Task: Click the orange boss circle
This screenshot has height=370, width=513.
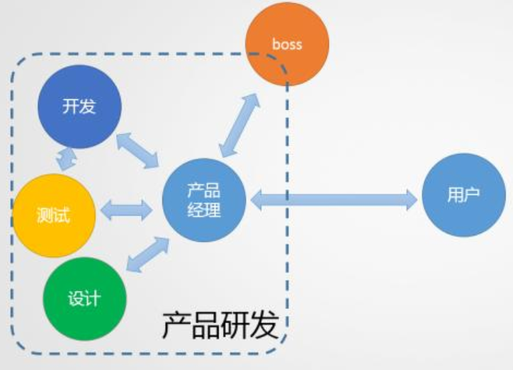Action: pyautogui.click(x=287, y=44)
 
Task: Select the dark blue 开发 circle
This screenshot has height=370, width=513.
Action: pyautogui.click(x=79, y=107)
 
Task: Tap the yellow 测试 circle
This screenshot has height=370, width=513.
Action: pyautogui.click(x=54, y=215)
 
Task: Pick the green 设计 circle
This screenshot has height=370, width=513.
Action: pyautogui.click(x=84, y=298)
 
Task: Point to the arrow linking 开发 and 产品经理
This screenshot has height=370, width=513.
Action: pyautogui.click(x=137, y=150)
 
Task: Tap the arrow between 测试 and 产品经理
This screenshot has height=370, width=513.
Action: pyautogui.click(x=127, y=210)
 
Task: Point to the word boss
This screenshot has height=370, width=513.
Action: pyautogui.click(x=287, y=44)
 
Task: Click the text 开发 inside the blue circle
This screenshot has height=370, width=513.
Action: pyautogui.click(x=79, y=107)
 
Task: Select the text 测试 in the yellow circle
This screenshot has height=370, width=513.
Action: pyautogui.click(x=54, y=215)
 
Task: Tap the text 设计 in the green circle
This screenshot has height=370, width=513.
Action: pyautogui.click(x=84, y=298)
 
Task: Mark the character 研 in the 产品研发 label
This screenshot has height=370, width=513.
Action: pyautogui.click(x=235, y=326)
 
